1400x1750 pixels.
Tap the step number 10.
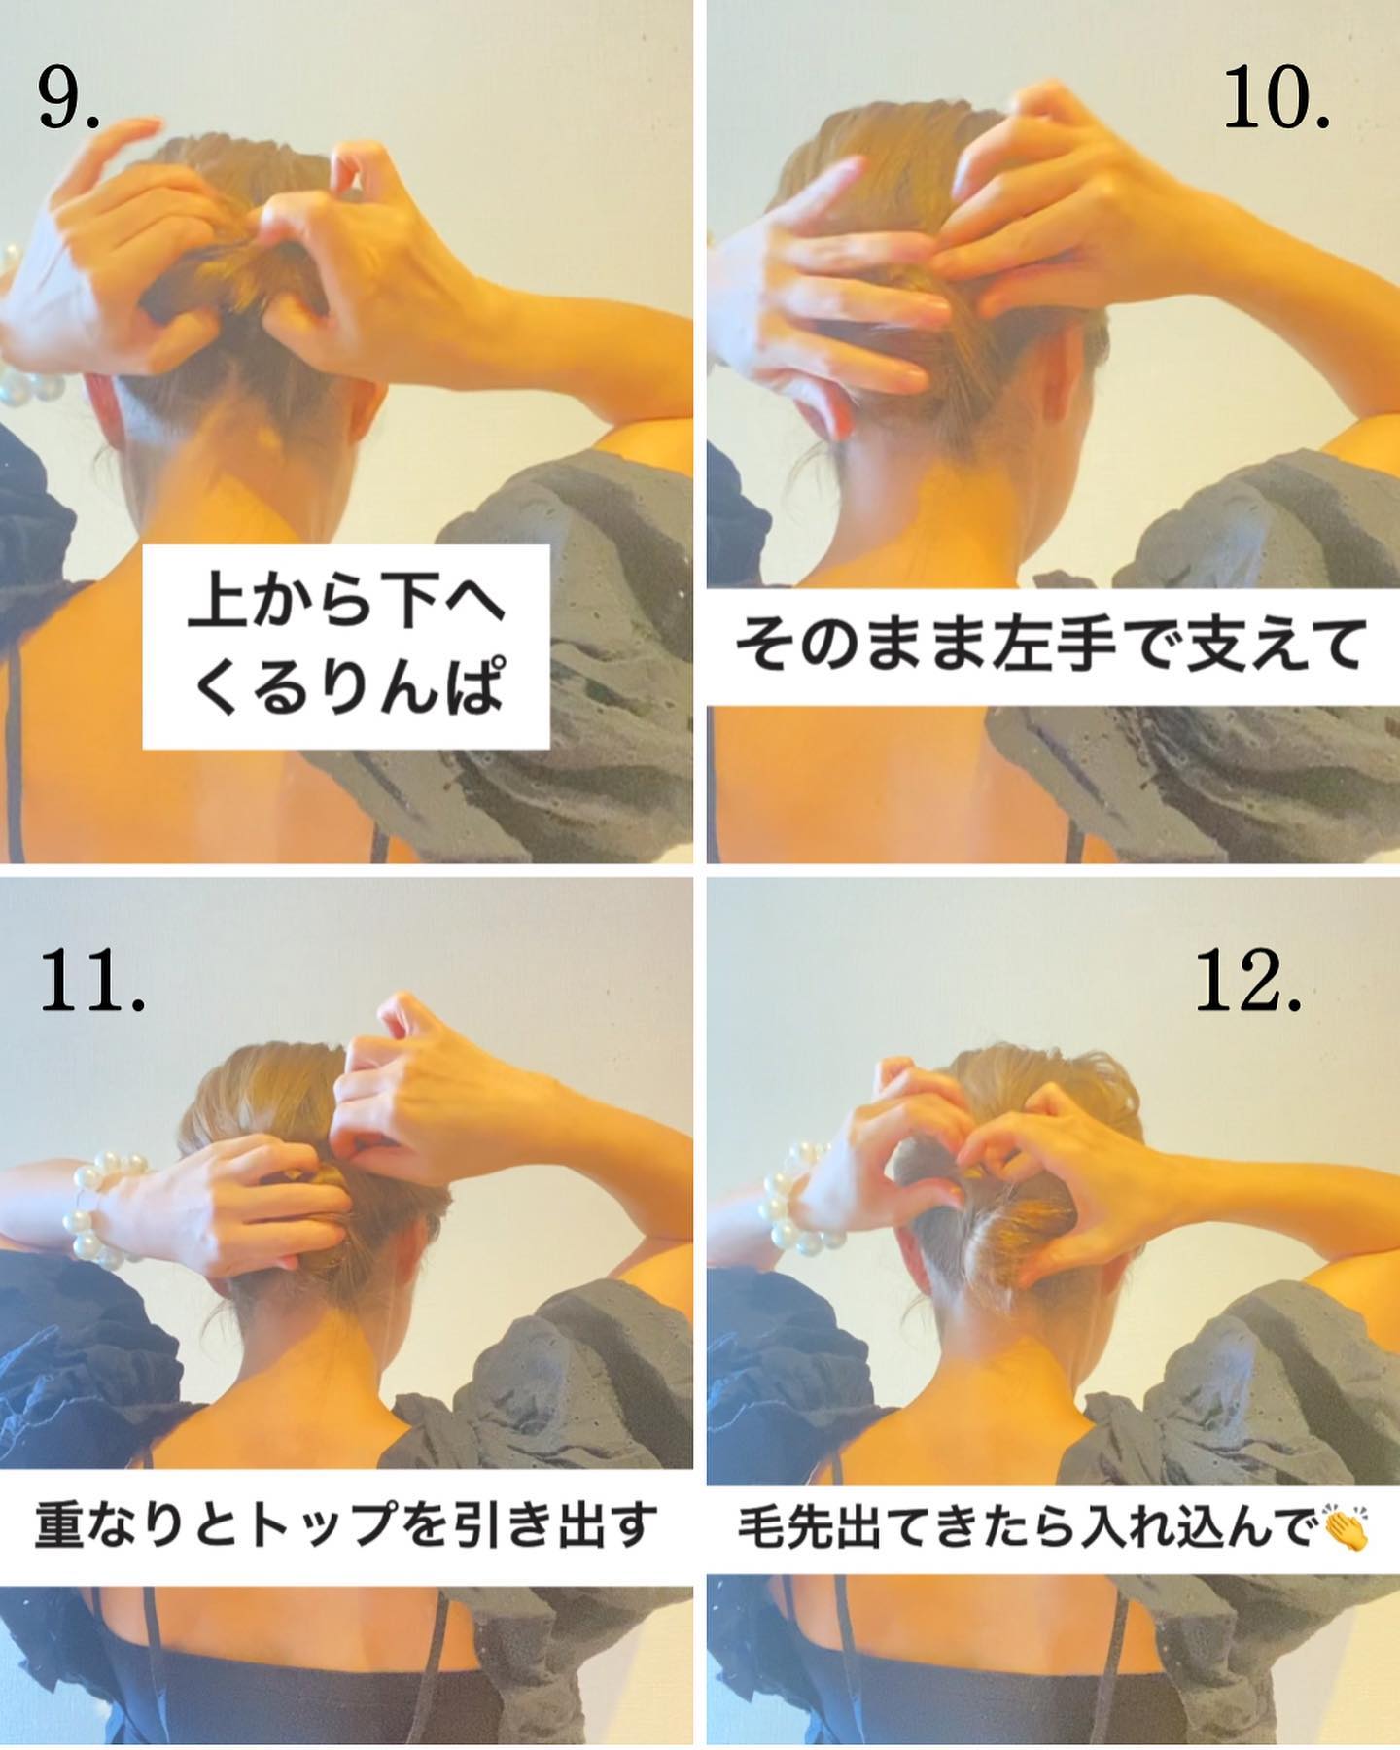1276,101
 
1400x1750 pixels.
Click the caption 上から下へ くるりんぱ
346,647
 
